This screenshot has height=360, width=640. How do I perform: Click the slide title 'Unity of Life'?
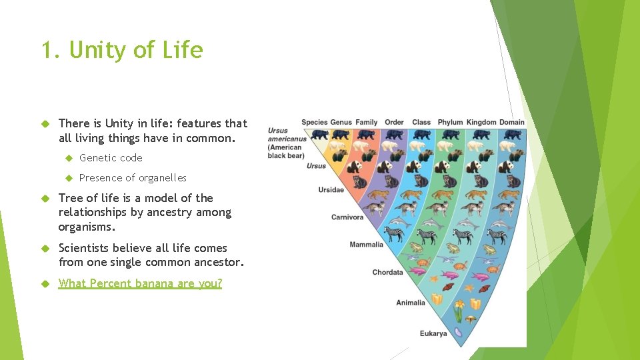[122, 50]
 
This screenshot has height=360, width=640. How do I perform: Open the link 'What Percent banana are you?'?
[140, 283]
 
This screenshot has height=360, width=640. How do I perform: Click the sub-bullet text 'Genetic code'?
[111, 158]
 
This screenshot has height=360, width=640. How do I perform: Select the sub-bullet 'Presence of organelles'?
[133, 178]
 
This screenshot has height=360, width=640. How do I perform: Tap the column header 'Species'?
[315, 122]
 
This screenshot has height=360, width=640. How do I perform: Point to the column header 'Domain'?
[512, 122]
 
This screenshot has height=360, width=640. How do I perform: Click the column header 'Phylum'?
[450, 122]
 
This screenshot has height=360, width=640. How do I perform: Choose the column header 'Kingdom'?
[481, 122]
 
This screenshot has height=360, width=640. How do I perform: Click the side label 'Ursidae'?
[331, 190]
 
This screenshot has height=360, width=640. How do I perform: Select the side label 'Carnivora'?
[347, 217]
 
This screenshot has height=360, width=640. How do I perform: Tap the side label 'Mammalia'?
[366, 245]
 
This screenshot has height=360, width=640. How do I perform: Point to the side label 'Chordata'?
[387, 272]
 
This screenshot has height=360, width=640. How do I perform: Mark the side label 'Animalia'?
[410, 303]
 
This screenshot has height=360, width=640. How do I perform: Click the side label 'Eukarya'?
[433, 333]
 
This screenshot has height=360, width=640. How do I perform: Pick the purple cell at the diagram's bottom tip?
[458, 331]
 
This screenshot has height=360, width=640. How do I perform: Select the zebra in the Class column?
[426, 235]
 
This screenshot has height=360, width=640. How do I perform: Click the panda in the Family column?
[367, 167]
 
